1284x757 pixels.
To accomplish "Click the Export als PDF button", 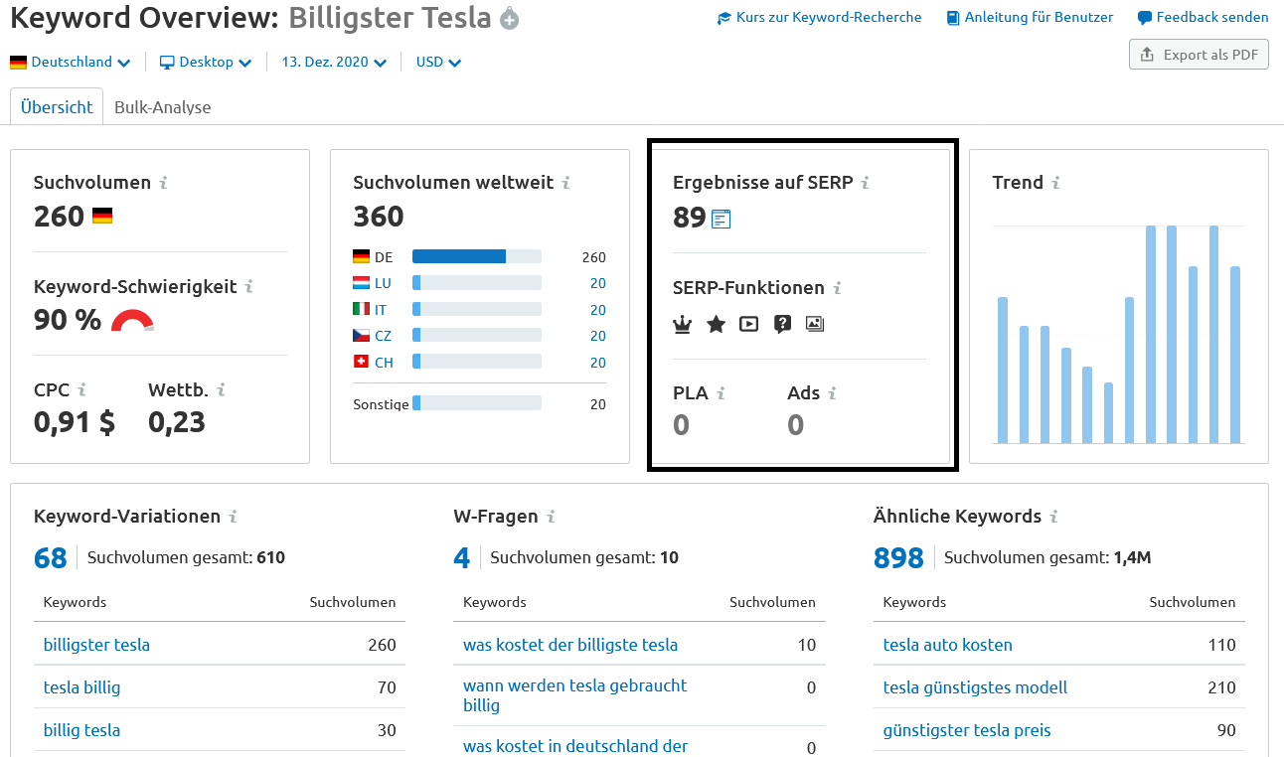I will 1199,55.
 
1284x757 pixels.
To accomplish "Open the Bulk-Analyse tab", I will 162,107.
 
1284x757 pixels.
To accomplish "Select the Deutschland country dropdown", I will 71,62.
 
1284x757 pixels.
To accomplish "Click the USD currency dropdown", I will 438,62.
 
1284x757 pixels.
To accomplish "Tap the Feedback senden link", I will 1203,17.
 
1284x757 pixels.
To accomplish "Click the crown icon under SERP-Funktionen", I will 682,324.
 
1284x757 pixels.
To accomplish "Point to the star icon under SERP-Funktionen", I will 716,324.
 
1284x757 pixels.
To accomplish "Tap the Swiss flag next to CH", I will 361,363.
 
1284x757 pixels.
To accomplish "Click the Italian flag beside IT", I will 361,310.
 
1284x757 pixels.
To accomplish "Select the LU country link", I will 383,283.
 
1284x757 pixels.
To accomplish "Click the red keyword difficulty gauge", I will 132,321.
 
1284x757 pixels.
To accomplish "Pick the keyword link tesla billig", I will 81,687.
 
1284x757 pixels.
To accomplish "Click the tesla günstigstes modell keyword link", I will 975,687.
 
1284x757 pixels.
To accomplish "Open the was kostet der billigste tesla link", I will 570,645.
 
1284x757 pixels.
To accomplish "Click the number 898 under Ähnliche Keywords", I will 898,558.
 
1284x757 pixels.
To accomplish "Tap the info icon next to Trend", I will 1055,183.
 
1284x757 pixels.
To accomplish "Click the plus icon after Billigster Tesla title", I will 510,19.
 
